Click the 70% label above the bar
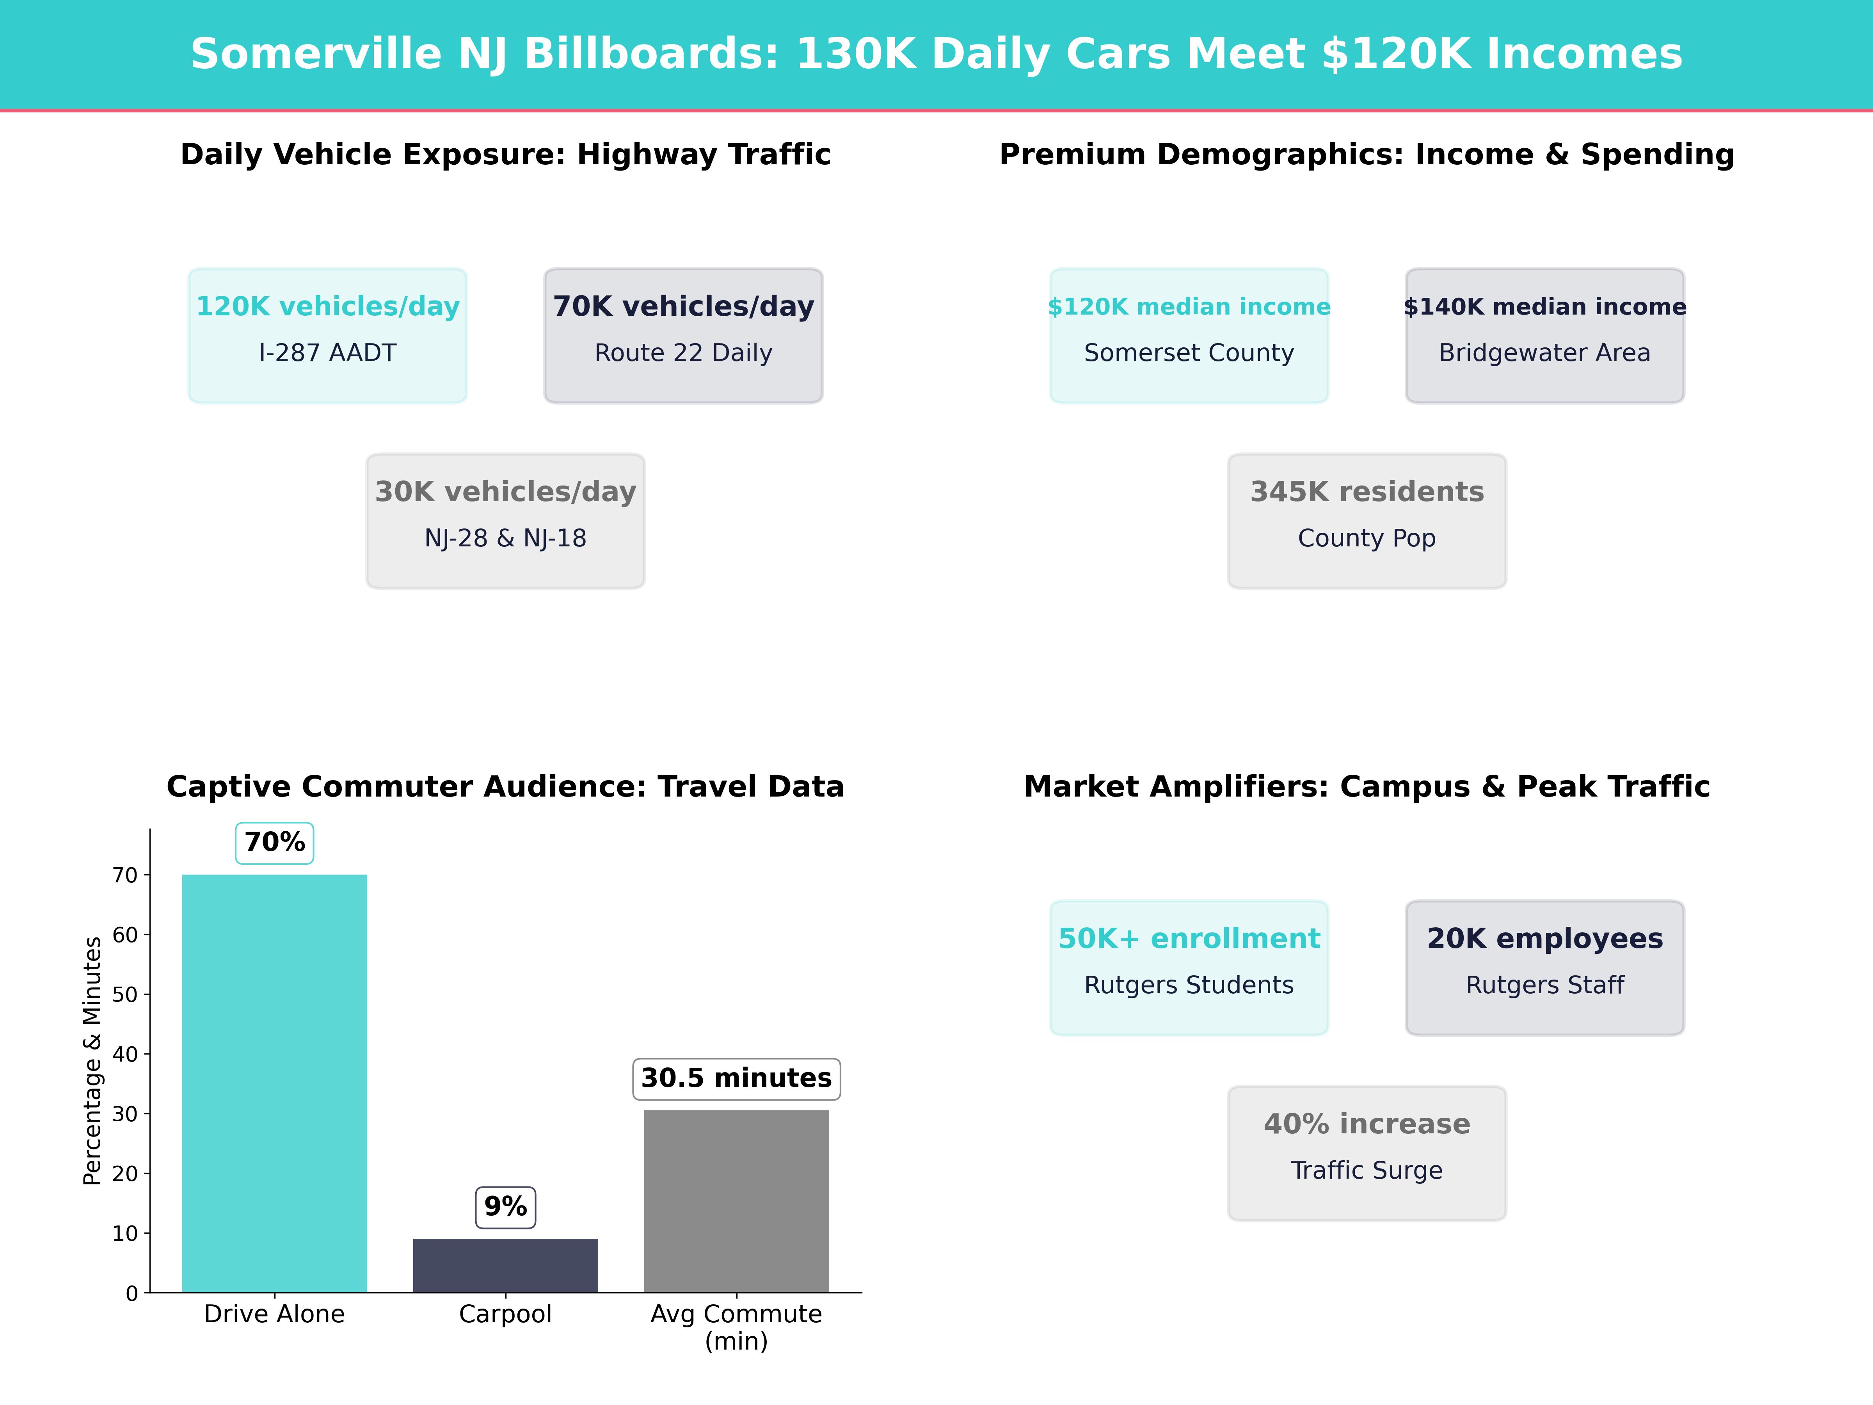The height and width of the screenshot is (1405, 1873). [x=274, y=843]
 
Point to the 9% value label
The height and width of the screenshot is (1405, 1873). [x=505, y=1207]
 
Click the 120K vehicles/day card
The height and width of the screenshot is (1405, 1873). [x=328, y=335]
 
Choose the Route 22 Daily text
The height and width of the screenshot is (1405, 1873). [x=683, y=353]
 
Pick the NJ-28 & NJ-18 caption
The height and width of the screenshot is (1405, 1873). [x=505, y=539]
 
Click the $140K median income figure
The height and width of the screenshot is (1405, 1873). [x=1544, y=307]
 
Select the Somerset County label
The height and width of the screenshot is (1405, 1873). [x=1189, y=353]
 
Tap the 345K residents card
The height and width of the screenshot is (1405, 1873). [x=1367, y=521]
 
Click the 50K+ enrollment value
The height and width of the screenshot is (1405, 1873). [x=1189, y=938]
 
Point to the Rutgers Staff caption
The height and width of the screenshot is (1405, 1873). [x=1544, y=985]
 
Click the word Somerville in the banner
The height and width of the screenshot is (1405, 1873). [x=316, y=54]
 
